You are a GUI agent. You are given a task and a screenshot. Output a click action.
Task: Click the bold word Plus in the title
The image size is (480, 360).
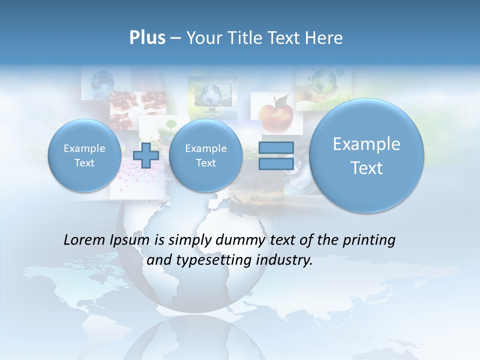(x=147, y=37)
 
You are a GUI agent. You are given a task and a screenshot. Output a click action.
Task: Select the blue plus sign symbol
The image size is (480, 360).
(x=146, y=155)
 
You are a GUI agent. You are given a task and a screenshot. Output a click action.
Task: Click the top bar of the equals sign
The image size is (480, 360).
(x=275, y=147)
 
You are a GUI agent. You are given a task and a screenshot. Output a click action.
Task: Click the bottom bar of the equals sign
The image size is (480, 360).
(x=275, y=164)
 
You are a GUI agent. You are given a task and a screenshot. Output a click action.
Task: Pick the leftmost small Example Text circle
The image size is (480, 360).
(x=84, y=155)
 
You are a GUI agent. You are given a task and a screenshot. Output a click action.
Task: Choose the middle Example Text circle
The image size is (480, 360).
(x=205, y=155)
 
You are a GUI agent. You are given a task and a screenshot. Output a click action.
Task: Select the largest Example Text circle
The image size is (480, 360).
(x=366, y=155)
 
